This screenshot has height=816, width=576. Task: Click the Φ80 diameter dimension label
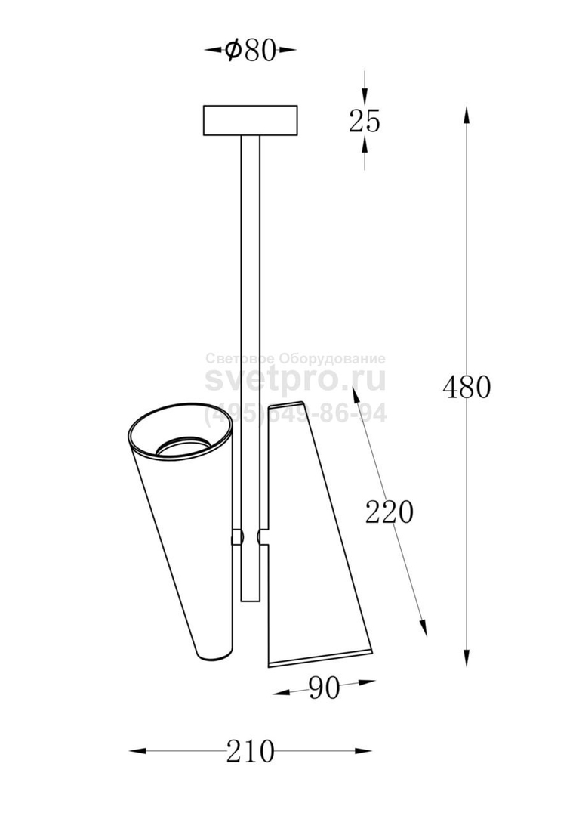click(x=250, y=51)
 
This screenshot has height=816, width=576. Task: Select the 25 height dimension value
click(x=365, y=121)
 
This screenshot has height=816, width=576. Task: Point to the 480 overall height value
click(x=467, y=387)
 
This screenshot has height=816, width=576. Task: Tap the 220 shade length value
click(x=390, y=512)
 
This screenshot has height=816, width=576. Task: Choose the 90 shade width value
click(x=324, y=688)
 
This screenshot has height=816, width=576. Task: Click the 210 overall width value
click(x=250, y=752)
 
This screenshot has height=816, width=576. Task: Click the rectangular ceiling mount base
click(x=250, y=121)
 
